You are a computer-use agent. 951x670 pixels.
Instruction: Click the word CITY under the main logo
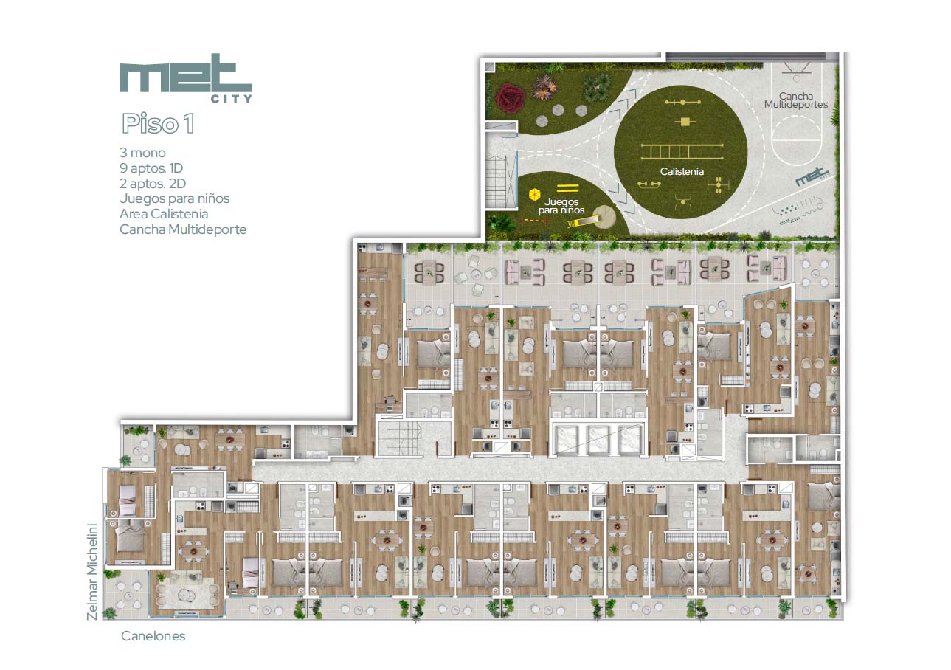232,99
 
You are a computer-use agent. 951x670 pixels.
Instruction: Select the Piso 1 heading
158,123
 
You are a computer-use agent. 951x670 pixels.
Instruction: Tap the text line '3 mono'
142,153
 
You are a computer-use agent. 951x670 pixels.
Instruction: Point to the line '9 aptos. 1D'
151,168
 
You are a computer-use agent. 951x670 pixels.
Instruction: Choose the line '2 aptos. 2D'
153,184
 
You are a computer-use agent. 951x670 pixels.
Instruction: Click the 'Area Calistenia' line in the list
164,214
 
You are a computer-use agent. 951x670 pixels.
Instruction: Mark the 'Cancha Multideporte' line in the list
183,229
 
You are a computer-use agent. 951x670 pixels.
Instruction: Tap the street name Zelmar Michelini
92,572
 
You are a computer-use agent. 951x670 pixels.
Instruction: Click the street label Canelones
153,636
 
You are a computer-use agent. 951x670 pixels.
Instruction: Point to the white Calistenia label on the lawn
682,171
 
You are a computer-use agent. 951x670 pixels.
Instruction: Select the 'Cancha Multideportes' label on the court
796,100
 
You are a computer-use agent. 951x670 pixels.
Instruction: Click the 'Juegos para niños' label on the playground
561,206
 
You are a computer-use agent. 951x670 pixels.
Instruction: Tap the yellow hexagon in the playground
534,195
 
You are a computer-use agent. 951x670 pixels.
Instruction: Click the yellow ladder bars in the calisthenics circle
682,151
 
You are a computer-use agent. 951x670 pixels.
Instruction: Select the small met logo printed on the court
812,177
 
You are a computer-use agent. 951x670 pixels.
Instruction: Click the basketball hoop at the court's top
797,72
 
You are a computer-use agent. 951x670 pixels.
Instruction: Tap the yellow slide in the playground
586,221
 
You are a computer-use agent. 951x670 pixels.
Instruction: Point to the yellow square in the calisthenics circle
685,122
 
